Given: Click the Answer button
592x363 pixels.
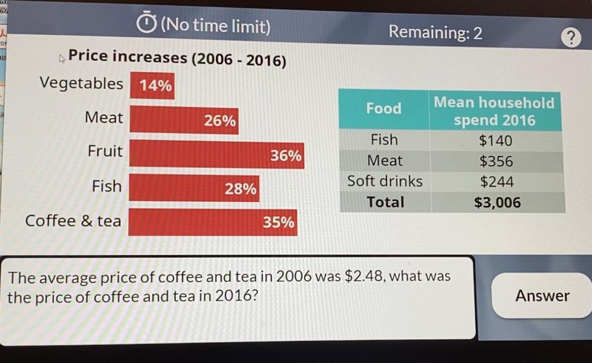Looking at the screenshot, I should [542, 296].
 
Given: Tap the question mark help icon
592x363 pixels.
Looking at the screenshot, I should [571, 39].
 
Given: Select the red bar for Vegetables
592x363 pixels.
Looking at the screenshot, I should [152, 86].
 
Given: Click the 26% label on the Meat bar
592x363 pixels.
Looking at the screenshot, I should [220, 121].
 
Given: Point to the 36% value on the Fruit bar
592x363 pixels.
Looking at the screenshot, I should [286, 156].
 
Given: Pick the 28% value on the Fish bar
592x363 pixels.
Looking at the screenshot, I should [240, 189].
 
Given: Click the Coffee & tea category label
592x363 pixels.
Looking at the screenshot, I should [73, 221].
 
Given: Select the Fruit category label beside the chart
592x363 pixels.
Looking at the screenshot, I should [105, 151].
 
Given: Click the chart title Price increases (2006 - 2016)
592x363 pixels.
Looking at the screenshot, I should [177, 58].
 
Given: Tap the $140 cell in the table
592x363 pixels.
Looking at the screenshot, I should [495, 140].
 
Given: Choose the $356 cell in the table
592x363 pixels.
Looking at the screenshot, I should [496, 161].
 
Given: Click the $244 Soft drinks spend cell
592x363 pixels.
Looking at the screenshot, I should [497, 182].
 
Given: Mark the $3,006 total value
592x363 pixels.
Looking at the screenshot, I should [497, 203].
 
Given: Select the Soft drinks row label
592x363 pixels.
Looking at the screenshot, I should [385, 181].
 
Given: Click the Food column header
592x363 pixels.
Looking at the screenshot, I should [383, 109].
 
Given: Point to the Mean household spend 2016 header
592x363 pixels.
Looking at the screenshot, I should [494, 112].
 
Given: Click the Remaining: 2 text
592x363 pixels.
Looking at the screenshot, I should [435, 32].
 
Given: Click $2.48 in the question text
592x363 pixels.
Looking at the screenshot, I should [364, 276].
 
